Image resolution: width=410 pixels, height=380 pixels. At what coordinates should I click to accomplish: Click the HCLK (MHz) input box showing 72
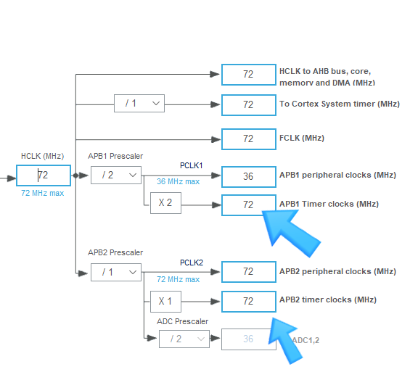click(44, 175)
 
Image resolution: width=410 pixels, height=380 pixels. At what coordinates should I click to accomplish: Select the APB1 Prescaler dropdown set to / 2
click(115, 175)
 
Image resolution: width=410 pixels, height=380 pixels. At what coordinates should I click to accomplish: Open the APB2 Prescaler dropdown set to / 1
click(115, 271)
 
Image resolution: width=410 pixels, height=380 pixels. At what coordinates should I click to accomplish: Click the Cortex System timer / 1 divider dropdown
click(139, 104)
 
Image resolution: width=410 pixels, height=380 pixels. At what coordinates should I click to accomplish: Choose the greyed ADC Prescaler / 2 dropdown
click(184, 339)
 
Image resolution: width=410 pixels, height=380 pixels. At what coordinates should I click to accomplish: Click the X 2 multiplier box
click(165, 203)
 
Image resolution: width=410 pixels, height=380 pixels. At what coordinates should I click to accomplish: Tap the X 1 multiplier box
click(165, 300)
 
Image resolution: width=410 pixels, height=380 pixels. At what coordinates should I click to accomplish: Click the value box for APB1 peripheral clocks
click(248, 176)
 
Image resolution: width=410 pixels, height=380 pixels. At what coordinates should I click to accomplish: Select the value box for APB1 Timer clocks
click(248, 205)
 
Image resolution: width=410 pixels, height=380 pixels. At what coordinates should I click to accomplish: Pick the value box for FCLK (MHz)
click(248, 139)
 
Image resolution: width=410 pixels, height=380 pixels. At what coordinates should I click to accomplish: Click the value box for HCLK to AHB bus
click(248, 75)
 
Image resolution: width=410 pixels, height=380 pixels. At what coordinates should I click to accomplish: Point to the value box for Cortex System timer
click(248, 104)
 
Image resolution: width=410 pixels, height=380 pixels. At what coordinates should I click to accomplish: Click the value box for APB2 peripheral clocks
click(248, 272)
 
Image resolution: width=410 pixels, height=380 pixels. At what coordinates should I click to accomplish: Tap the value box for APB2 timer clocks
click(248, 300)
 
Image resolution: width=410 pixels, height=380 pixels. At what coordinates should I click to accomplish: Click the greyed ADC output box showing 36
click(248, 339)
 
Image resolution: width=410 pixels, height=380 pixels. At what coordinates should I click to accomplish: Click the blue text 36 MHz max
click(178, 181)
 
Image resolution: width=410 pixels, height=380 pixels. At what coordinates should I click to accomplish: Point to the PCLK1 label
click(192, 165)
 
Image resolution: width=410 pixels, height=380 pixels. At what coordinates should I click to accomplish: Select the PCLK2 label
click(192, 262)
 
